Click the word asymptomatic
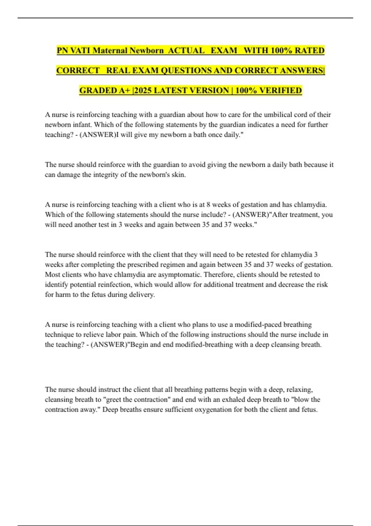pyautogui.click(x=180, y=274)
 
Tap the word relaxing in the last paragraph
pyautogui.click(x=299, y=390)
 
